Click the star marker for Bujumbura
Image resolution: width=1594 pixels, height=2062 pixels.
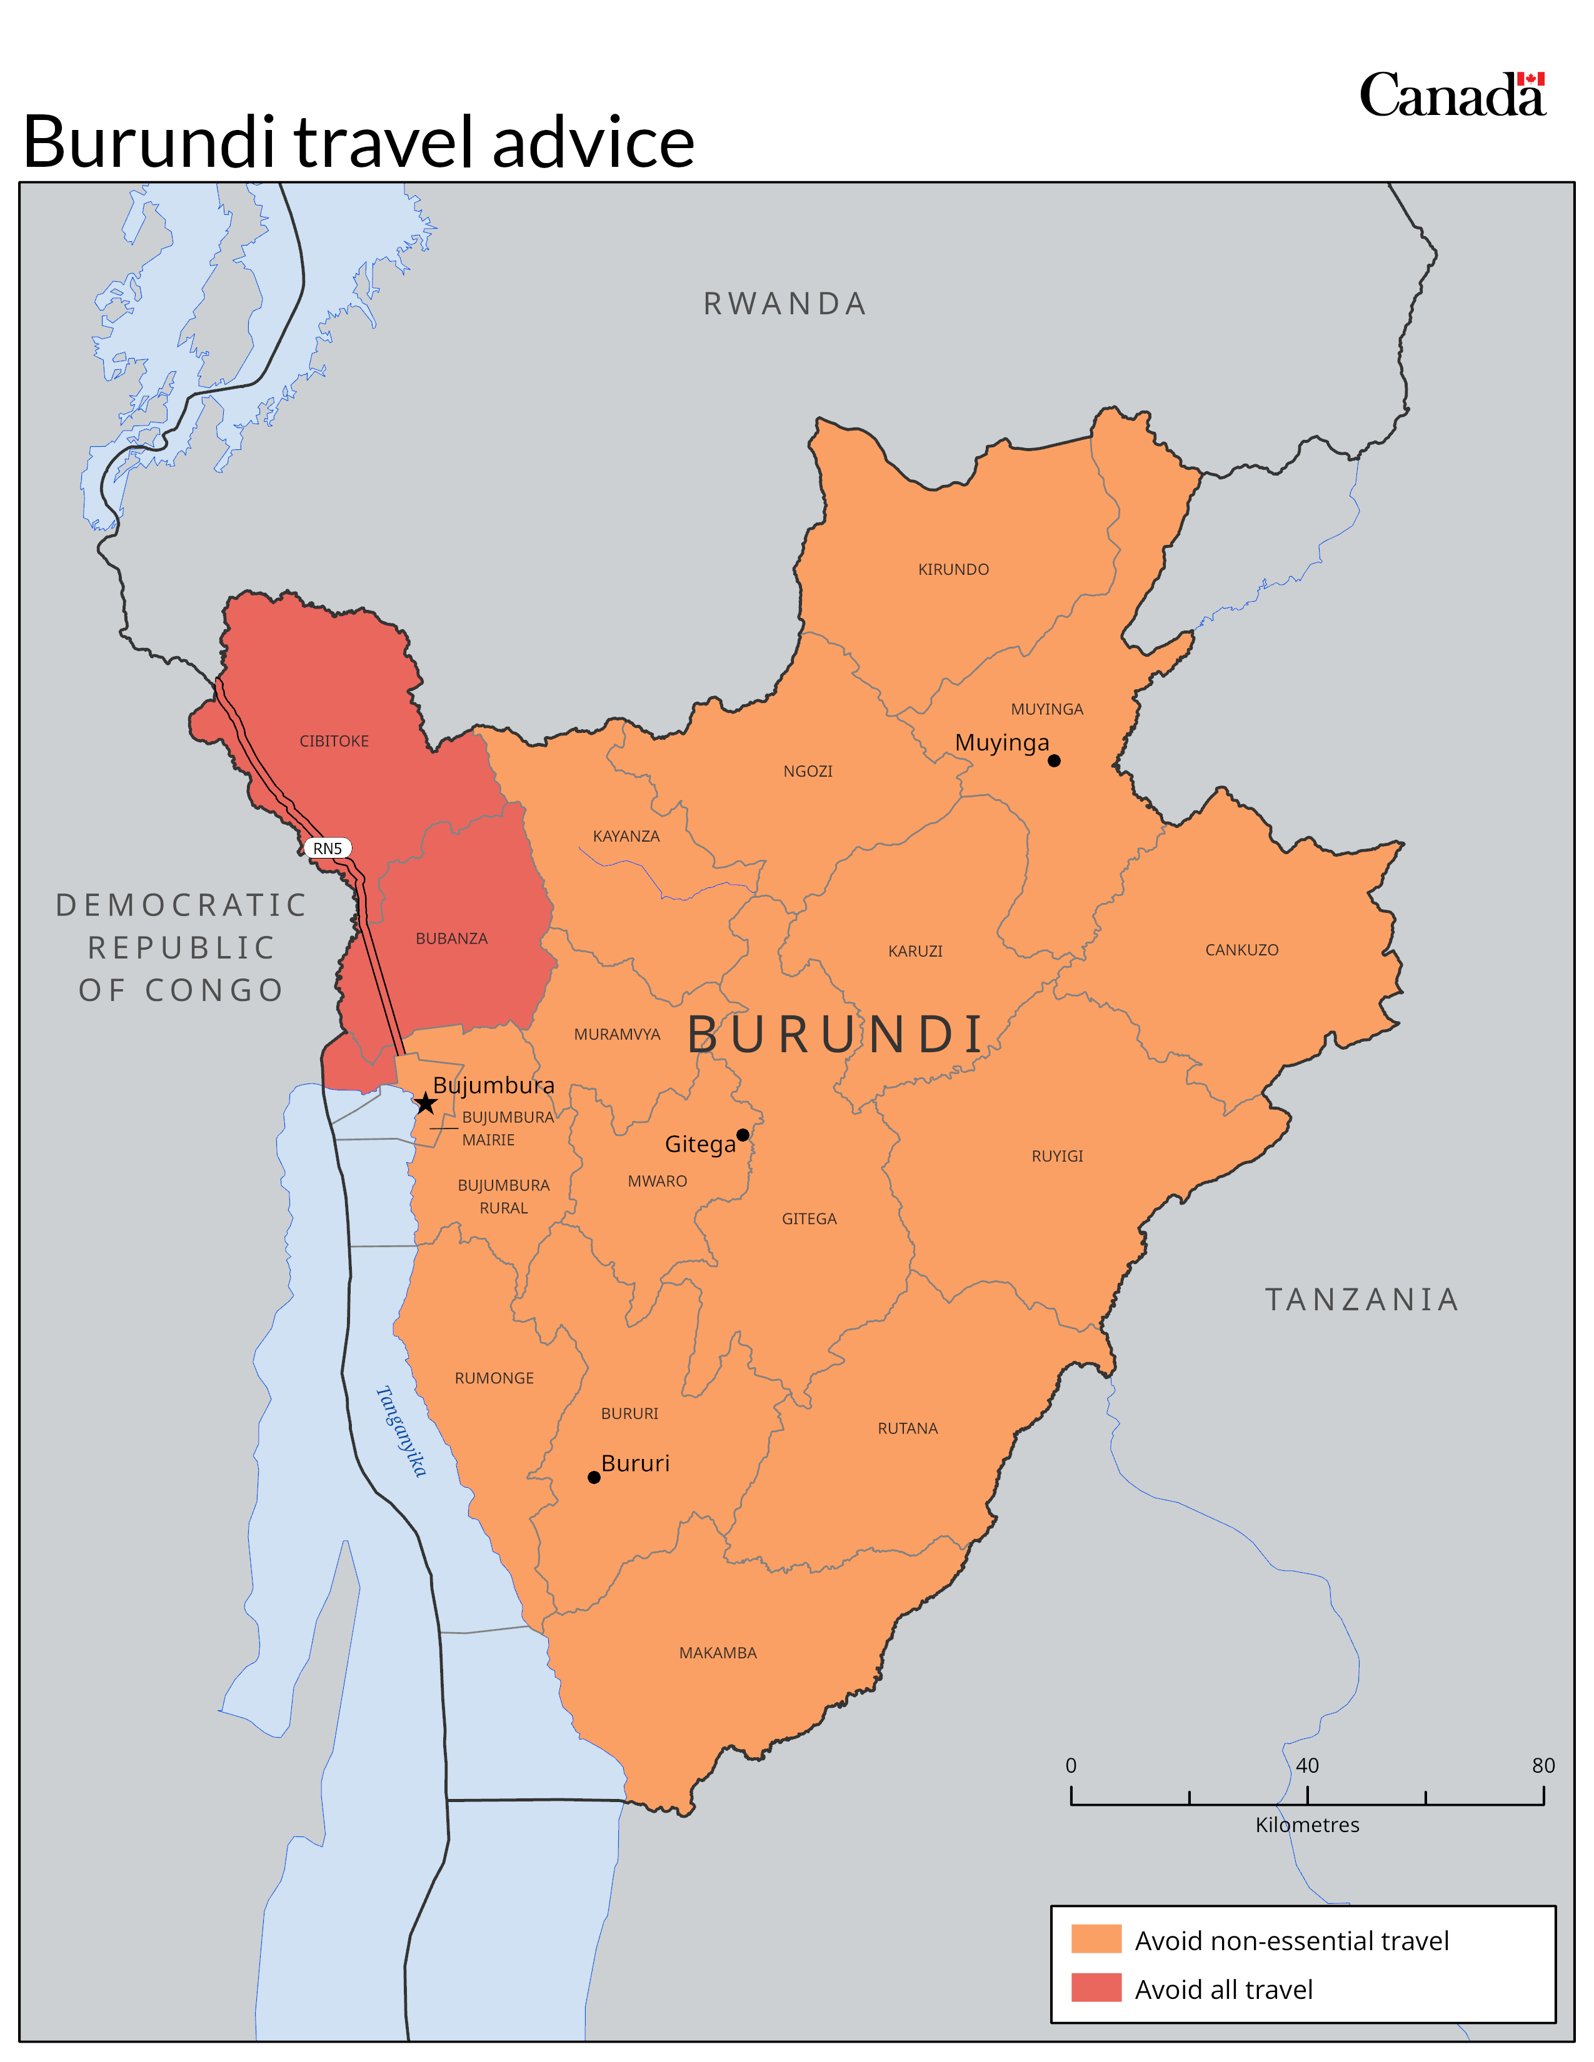[x=426, y=1103]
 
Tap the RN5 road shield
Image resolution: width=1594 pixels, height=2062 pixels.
[x=328, y=848]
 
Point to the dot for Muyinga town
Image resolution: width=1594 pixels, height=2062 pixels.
[x=1054, y=760]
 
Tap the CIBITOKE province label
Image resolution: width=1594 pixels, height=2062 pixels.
[x=334, y=741]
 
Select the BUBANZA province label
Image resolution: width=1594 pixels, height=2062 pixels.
[x=451, y=939]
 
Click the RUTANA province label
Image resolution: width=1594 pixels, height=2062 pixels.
[x=908, y=1428]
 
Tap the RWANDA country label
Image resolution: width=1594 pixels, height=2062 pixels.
[x=784, y=304]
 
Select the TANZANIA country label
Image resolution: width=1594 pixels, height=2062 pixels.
[x=1361, y=1300]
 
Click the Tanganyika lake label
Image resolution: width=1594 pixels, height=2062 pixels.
[x=401, y=1430]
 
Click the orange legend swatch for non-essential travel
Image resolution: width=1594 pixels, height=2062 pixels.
[x=1095, y=1940]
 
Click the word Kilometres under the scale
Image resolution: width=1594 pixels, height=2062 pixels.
[x=1307, y=1825]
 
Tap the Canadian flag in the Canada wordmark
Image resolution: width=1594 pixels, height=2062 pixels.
[x=1531, y=79]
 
